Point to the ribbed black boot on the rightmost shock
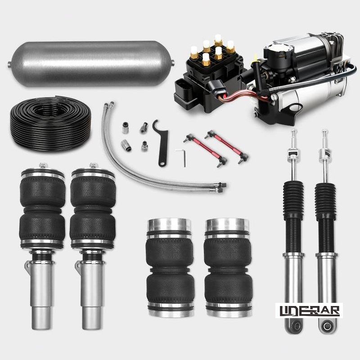pyautogui.click(x=325, y=200)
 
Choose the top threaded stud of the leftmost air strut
pyautogui.click(x=42, y=165)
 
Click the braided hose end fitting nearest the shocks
pyautogui.click(x=221, y=185)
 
